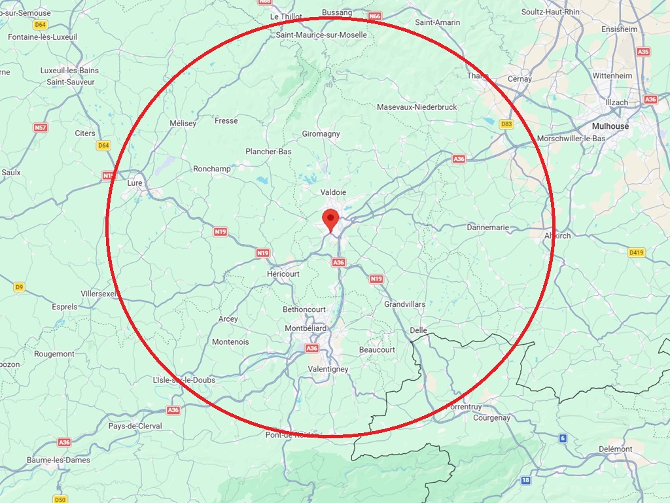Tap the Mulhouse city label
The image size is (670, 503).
click(x=610, y=126)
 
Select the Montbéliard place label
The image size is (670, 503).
click(x=306, y=328)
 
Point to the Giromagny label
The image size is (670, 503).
click(x=321, y=134)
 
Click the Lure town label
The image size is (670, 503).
click(x=135, y=183)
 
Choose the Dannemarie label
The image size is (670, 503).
click(x=488, y=228)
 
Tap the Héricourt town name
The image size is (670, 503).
click(x=283, y=274)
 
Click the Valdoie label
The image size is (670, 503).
click(x=333, y=192)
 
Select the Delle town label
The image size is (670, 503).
click(x=418, y=330)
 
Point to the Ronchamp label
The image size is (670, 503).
click(x=212, y=169)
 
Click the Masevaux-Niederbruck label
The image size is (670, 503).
click(x=417, y=107)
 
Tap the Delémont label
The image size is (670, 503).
click(x=616, y=449)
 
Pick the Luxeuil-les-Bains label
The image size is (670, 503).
click(x=69, y=71)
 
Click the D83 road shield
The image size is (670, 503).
click(x=506, y=124)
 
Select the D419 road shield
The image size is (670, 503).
click(x=636, y=252)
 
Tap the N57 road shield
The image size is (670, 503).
click(x=41, y=128)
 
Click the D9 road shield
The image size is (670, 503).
click(x=20, y=286)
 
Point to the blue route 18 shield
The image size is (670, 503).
click(x=526, y=480)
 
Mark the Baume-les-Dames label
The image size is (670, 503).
click(x=58, y=460)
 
